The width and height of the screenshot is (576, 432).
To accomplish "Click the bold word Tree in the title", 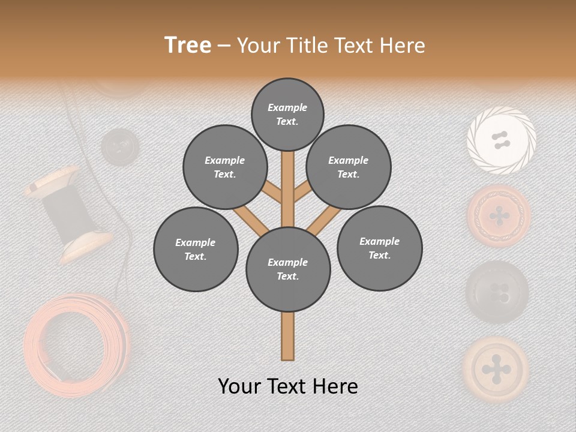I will [188, 46].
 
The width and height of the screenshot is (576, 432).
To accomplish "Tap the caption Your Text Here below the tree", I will [287, 386].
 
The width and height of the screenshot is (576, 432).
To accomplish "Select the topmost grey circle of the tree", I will [287, 114].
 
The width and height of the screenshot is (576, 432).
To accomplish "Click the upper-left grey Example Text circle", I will [224, 167].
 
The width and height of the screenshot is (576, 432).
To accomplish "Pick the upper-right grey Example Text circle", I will [349, 167].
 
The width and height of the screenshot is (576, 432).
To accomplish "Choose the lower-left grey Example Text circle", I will [196, 250].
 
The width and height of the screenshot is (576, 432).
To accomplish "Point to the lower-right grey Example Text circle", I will [379, 248].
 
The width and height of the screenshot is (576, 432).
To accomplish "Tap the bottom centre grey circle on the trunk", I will [288, 269].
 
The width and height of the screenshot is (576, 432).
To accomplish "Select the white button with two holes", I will [501, 141].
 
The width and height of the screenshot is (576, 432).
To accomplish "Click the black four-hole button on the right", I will [497, 292].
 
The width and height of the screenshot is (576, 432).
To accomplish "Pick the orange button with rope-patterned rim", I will [499, 216].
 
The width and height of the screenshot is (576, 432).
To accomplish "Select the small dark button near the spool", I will [118, 146].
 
